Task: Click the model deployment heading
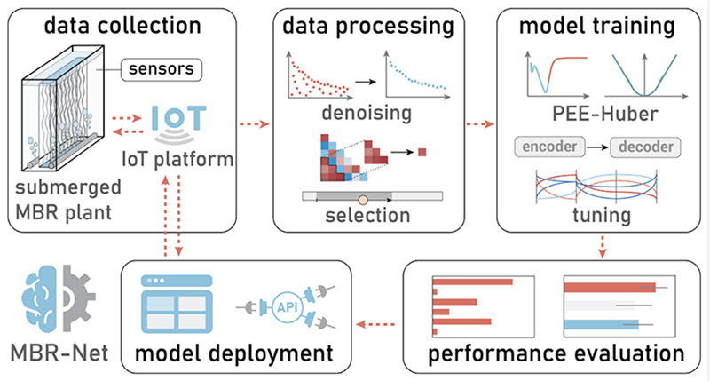click(235, 353)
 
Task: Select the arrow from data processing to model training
click(479, 122)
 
